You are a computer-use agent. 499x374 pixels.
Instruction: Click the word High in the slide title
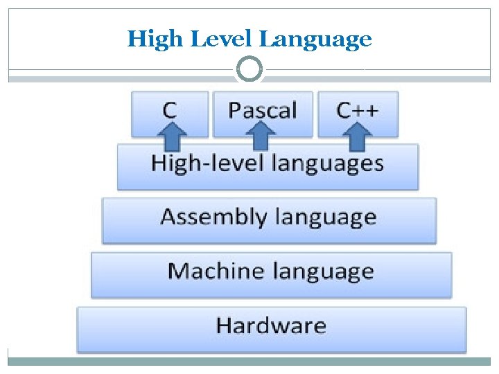147,39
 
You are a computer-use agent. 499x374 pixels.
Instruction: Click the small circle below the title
249,69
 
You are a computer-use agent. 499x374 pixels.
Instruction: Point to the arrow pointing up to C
175,136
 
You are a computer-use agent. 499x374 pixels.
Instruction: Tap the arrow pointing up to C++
357,136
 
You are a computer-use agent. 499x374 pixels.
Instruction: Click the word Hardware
271,326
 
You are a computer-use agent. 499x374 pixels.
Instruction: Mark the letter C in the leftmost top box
169,109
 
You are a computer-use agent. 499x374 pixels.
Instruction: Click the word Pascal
263,109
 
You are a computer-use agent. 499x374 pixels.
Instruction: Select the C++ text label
358,109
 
